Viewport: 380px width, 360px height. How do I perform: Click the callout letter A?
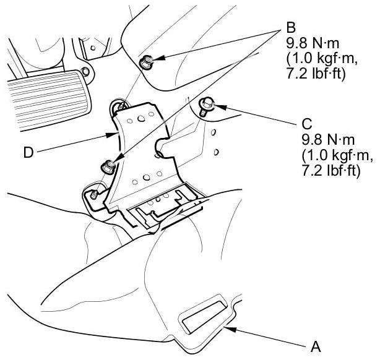316,346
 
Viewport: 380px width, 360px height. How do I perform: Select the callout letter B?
291,29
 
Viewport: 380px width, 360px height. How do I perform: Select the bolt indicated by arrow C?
207,105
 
